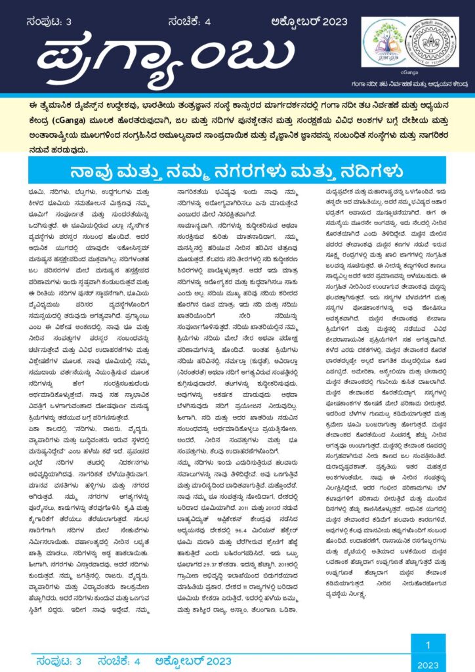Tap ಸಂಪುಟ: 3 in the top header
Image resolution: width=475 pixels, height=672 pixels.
(50, 21)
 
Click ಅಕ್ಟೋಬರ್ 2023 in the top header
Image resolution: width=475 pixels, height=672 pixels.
(302, 21)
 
